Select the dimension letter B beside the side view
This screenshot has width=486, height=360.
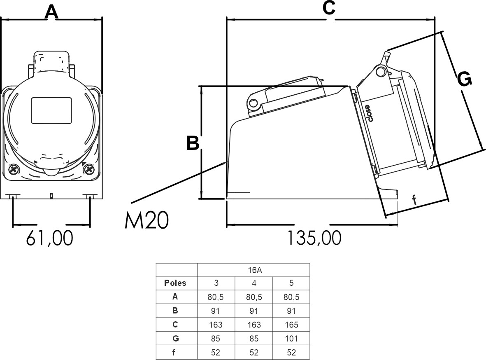(x=193, y=143)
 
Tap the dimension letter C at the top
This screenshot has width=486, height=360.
(x=329, y=8)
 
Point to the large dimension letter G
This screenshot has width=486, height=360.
(x=465, y=79)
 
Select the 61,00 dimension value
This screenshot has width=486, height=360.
(x=50, y=238)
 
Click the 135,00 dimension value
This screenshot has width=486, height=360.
(x=314, y=238)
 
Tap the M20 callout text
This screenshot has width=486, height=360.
(x=146, y=221)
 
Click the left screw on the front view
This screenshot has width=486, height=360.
(x=14, y=169)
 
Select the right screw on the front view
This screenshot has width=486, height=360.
(x=88, y=169)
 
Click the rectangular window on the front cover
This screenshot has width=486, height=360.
(x=51, y=110)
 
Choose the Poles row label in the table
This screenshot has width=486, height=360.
(x=175, y=283)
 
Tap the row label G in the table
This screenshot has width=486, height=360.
(x=175, y=339)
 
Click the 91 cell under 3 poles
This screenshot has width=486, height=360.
(x=216, y=311)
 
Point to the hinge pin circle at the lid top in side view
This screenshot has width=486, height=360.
(x=381, y=72)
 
